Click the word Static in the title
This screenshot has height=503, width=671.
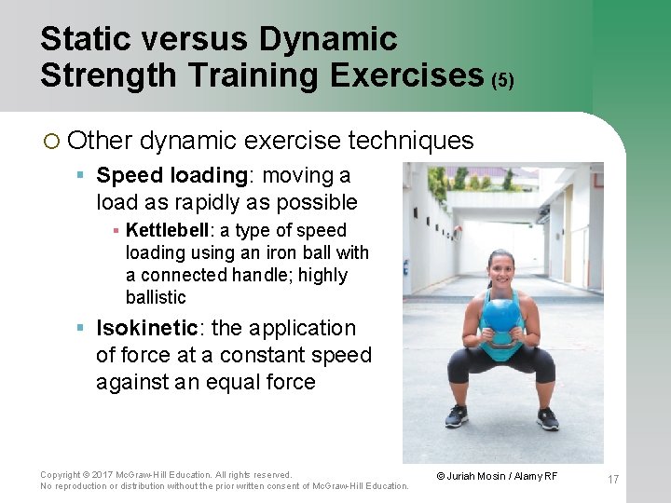pos(86,39)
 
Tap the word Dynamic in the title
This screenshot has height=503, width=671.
pos(328,39)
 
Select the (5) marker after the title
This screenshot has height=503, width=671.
pos(502,80)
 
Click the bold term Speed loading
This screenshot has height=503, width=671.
pos(171,175)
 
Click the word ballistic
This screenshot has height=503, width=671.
pos(156,297)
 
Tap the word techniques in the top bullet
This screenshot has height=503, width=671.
pos(410,141)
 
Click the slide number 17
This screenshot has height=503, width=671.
pos(612,480)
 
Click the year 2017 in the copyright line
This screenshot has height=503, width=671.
pos(101,474)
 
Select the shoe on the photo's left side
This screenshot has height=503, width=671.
pos(457,416)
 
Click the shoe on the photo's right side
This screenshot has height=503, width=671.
pos(548,418)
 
